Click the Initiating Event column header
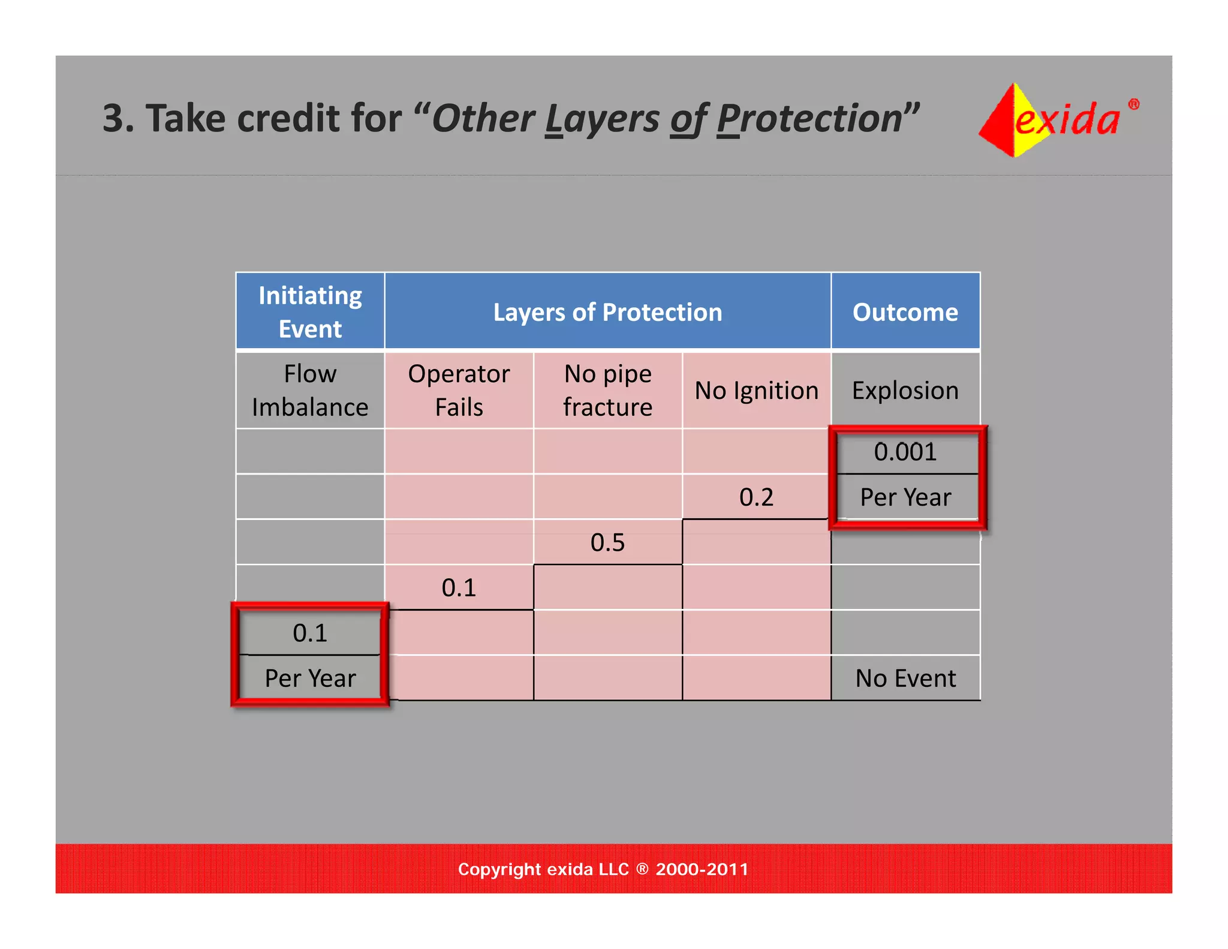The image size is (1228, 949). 310,311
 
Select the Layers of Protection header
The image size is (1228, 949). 607,312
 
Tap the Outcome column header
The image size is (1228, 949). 905,312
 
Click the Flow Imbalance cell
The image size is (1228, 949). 310,390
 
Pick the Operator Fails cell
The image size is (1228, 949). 459,390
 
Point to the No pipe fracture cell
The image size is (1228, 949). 607,390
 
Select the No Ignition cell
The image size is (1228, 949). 756,391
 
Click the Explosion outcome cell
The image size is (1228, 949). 905,391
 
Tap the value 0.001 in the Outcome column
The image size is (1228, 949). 905,452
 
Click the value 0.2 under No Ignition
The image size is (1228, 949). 756,497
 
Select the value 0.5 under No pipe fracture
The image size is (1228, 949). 607,542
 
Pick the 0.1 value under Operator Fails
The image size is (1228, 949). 459,588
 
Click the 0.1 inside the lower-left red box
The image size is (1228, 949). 310,633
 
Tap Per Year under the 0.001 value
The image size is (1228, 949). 905,497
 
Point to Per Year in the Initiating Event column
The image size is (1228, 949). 310,678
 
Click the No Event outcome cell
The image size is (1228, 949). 905,678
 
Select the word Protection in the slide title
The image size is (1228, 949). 809,118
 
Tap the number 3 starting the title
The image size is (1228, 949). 113,118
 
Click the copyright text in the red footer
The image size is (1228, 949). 603,869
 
